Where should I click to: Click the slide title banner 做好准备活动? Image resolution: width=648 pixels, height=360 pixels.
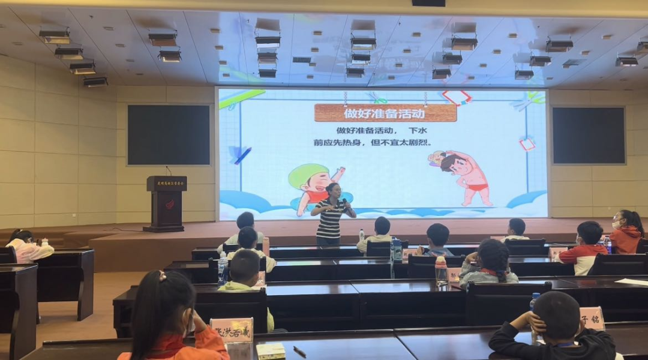[x=385, y=112]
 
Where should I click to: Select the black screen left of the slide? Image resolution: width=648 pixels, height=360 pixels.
[x=169, y=135]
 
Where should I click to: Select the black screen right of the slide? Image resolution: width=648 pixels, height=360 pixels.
[x=589, y=136]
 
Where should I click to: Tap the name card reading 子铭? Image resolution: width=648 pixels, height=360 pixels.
[x=592, y=317]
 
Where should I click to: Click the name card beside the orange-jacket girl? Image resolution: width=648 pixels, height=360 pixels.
[x=232, y=330]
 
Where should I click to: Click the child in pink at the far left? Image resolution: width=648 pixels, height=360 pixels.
[x=27, y=245]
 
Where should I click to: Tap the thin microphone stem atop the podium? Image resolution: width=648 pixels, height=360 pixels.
[x=169, y=170]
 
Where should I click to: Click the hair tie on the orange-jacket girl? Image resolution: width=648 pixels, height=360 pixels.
[x=161, y=277]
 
